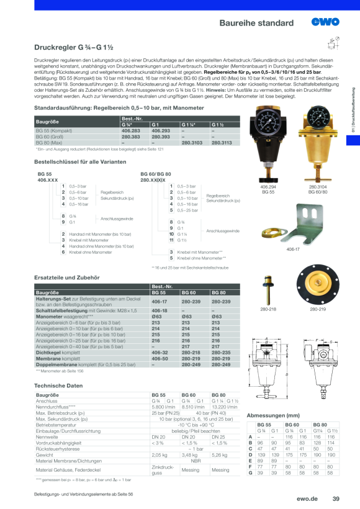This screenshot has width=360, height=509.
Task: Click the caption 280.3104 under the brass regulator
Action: tap(318, 186)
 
